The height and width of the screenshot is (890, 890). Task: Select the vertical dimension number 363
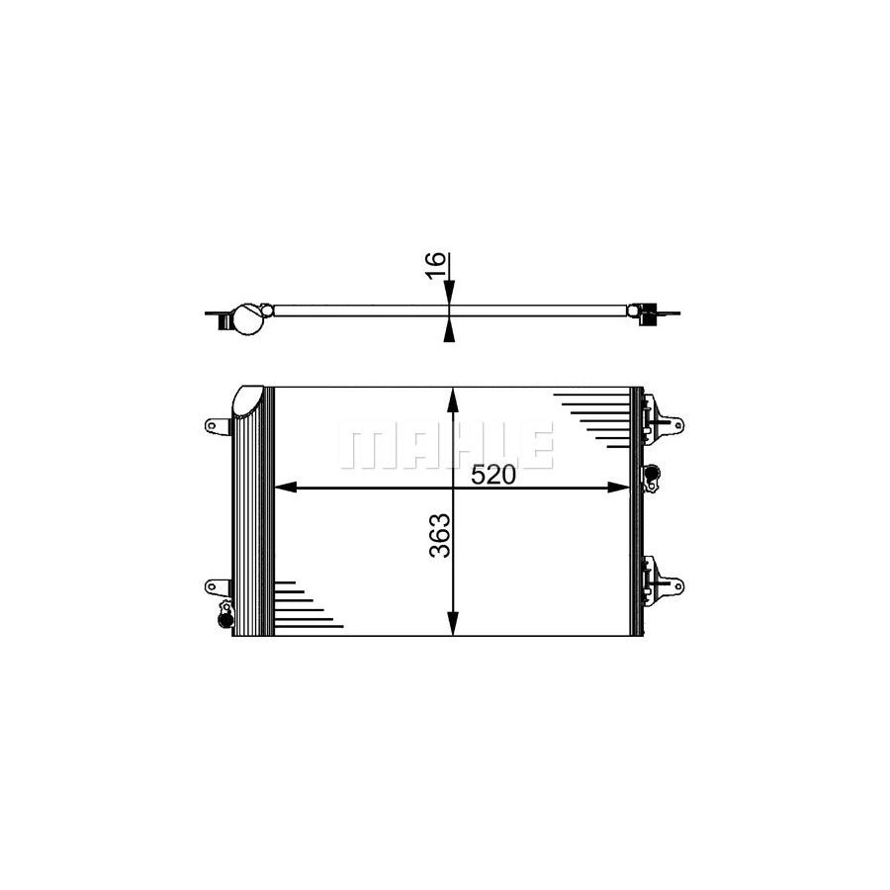(x=439, y=534)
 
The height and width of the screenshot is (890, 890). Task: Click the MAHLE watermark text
(x=446, y=447)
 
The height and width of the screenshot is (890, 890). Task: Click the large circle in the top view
(x=246, y=319)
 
